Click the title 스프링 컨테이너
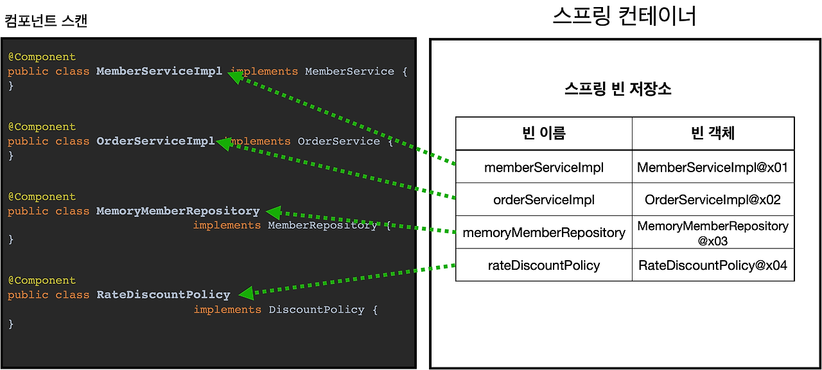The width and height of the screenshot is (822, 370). coord(624,16)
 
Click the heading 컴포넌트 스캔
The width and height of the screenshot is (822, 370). coord(46,21)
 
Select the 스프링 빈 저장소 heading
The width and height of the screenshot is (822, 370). coord(617,89)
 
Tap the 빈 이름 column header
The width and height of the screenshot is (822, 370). coord(544,134)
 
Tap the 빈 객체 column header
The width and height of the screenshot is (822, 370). coord(713,134)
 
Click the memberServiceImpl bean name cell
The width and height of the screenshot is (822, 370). coord(544,168)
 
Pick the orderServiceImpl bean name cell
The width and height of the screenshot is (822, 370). coord(544,200)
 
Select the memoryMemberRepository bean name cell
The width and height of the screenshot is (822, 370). coord(544,233)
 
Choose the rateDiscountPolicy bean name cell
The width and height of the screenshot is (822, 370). coord(544,265)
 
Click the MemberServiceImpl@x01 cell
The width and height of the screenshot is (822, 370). coord(713,168)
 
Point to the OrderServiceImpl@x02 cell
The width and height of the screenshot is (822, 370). coord(713,200)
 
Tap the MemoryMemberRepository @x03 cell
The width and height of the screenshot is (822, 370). coord(713,233)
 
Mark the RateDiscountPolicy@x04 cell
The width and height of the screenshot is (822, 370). coord(713,265)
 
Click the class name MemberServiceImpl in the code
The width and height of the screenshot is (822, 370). coord(159,71)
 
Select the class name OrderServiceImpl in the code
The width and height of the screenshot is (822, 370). coord(155,141)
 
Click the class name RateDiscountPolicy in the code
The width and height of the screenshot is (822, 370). coord(163,295)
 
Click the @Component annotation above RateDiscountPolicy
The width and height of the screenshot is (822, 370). coord(42,281)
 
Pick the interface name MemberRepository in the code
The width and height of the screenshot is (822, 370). coord(322,225)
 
